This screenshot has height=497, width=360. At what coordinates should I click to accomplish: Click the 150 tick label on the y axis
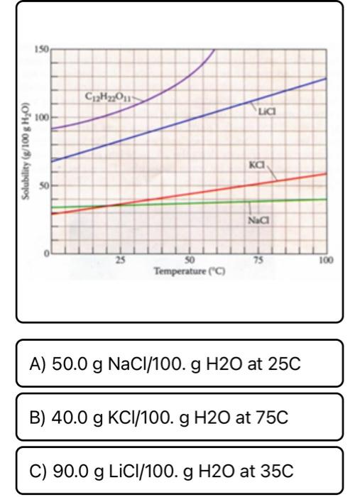41,50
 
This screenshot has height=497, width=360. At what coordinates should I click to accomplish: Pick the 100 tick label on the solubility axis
41,118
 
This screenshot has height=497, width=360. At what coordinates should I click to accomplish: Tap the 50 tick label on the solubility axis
43,185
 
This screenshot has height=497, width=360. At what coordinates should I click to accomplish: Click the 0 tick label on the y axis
46,253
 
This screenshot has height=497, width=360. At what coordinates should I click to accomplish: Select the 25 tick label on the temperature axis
120,261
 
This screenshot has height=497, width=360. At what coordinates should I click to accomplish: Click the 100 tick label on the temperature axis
327,261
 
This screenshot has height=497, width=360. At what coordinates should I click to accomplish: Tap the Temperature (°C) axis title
190,272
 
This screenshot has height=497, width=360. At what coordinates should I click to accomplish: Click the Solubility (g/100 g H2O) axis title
26,151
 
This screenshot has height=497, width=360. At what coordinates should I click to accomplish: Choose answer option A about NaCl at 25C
180,364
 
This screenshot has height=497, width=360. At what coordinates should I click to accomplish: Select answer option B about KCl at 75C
180,417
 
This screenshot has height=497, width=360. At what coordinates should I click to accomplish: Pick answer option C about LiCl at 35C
180,470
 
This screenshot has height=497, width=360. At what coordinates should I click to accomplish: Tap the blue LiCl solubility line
189,119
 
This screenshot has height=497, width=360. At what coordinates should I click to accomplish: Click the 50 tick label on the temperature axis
189,261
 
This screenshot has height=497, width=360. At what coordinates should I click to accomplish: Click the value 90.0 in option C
70,471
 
